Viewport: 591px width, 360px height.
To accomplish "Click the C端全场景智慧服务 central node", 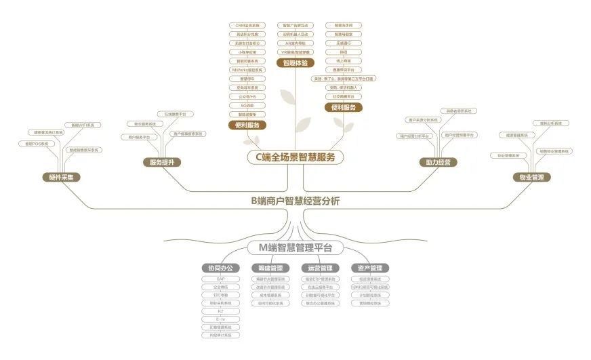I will pos(295,157).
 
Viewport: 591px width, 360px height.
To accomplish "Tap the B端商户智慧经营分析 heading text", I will pos(295,201).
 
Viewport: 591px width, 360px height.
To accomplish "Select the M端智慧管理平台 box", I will pos(295,247).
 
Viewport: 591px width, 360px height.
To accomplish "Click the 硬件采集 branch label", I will pos(61,178).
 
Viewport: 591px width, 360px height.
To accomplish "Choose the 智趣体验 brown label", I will pos(295,63).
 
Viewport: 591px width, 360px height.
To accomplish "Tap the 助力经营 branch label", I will pos(438,162).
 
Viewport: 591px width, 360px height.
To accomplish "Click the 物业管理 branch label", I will pos(531,178).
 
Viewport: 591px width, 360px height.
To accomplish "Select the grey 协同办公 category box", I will pos(220,268).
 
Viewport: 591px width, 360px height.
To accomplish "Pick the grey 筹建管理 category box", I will pos(270,268).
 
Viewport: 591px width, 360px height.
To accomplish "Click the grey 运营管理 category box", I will pos(320,268).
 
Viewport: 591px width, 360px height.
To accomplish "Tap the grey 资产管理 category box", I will pos(370,268).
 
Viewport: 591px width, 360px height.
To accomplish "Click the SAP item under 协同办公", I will pos(220,279).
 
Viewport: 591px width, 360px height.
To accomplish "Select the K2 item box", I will pos(220,311).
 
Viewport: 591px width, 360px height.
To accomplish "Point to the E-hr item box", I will pos(220,319).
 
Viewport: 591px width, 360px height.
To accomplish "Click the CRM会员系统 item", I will pos(247,25).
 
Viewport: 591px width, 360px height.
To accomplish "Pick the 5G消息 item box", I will pos(247,105).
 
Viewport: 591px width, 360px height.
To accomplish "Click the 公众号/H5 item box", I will pos(247,96).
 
